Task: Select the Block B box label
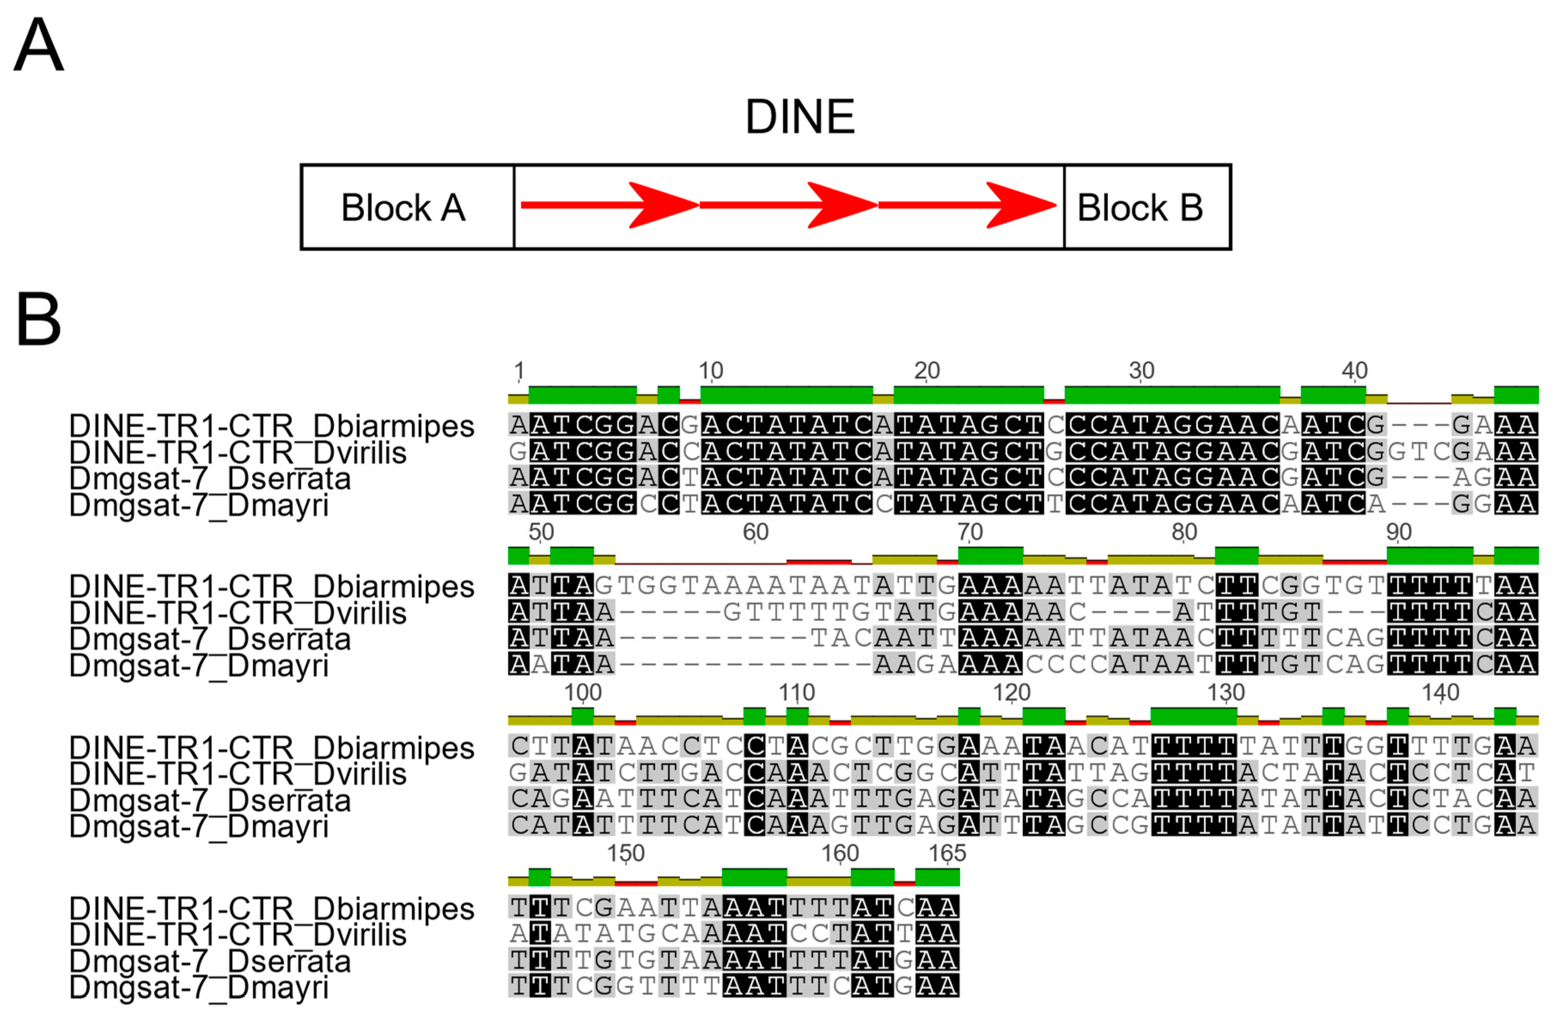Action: coord(1139,207)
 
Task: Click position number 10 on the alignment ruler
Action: coord(711,370)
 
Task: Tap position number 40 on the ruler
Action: coord(1354,370)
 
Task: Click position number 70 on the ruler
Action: coord(970,531)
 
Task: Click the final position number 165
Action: coord(947,853)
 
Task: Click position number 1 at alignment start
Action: coord(519,370)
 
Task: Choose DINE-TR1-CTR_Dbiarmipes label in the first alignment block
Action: coord(271,425)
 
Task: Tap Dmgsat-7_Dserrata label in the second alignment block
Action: coord(210,639)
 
